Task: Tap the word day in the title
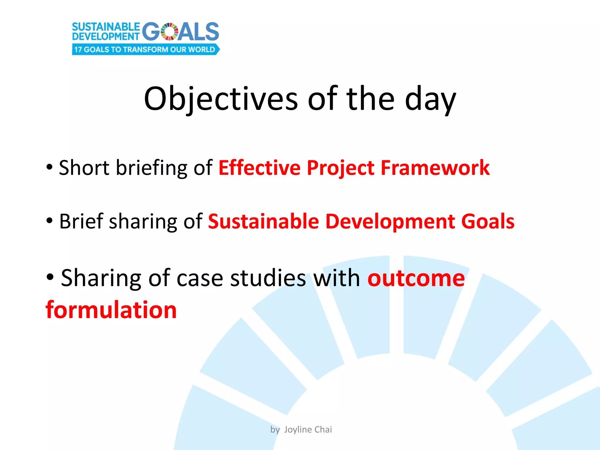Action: pyautogui.click(x=430, y=99)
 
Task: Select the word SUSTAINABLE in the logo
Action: pyautogui.click(x=106, y=27)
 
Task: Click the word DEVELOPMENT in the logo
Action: pyautogui.click(x=106, y=36)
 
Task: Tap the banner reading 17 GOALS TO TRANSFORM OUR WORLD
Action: pyautogui.click(x=145, y=49)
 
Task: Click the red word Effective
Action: pyautogui.click(x=260, y=168)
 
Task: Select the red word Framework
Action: pyautogui.click(x=435, y=168)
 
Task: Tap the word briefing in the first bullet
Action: pyautogui.click(x=151, y=168)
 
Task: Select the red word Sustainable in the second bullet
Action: pyautogui.click(x=263, y=221)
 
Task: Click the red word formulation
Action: pyautogui.click(x=111, y=310)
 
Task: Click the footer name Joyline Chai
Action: pyautogui.click(x=308, y=429)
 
